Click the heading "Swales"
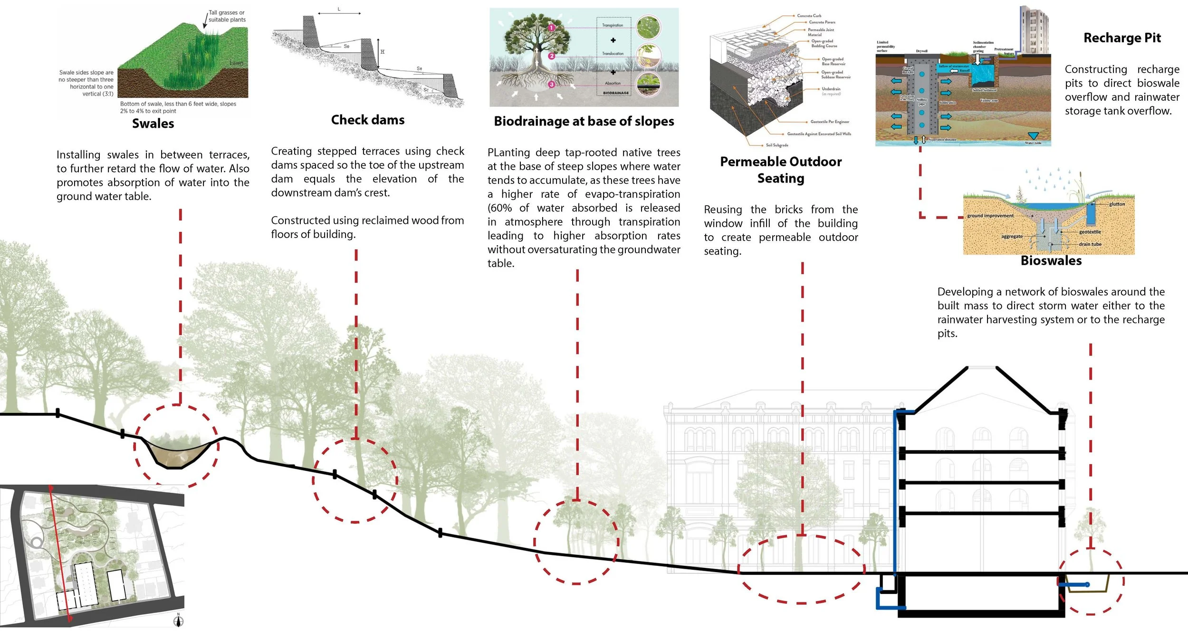click(x=153, y=124)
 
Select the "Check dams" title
click(x=368, y=120)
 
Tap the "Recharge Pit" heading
click(x=1122, y=38)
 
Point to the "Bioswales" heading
click(x=1051, y=261)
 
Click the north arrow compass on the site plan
click(x=179, y=620)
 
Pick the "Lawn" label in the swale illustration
click(x=236, y=63)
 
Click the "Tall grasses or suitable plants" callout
click(x=227, y=16)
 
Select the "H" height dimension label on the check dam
click(x=383, y=52)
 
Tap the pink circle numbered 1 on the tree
click(x=551, y=28)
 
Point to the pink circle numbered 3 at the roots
click(x=551, y=85)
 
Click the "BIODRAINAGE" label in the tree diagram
click(x=615, y=93)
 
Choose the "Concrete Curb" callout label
click(x=809, y=16)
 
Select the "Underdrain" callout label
click(x=831, y=89)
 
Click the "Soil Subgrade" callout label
click(x=777, y=145)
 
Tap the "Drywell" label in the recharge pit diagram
click(x=921, y=51)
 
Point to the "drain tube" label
click(x=1090, y=244)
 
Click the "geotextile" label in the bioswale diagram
click(x=1090, y=232)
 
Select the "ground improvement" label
click(x=990, y=216)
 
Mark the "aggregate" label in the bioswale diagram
click(x=1012, y=237)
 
